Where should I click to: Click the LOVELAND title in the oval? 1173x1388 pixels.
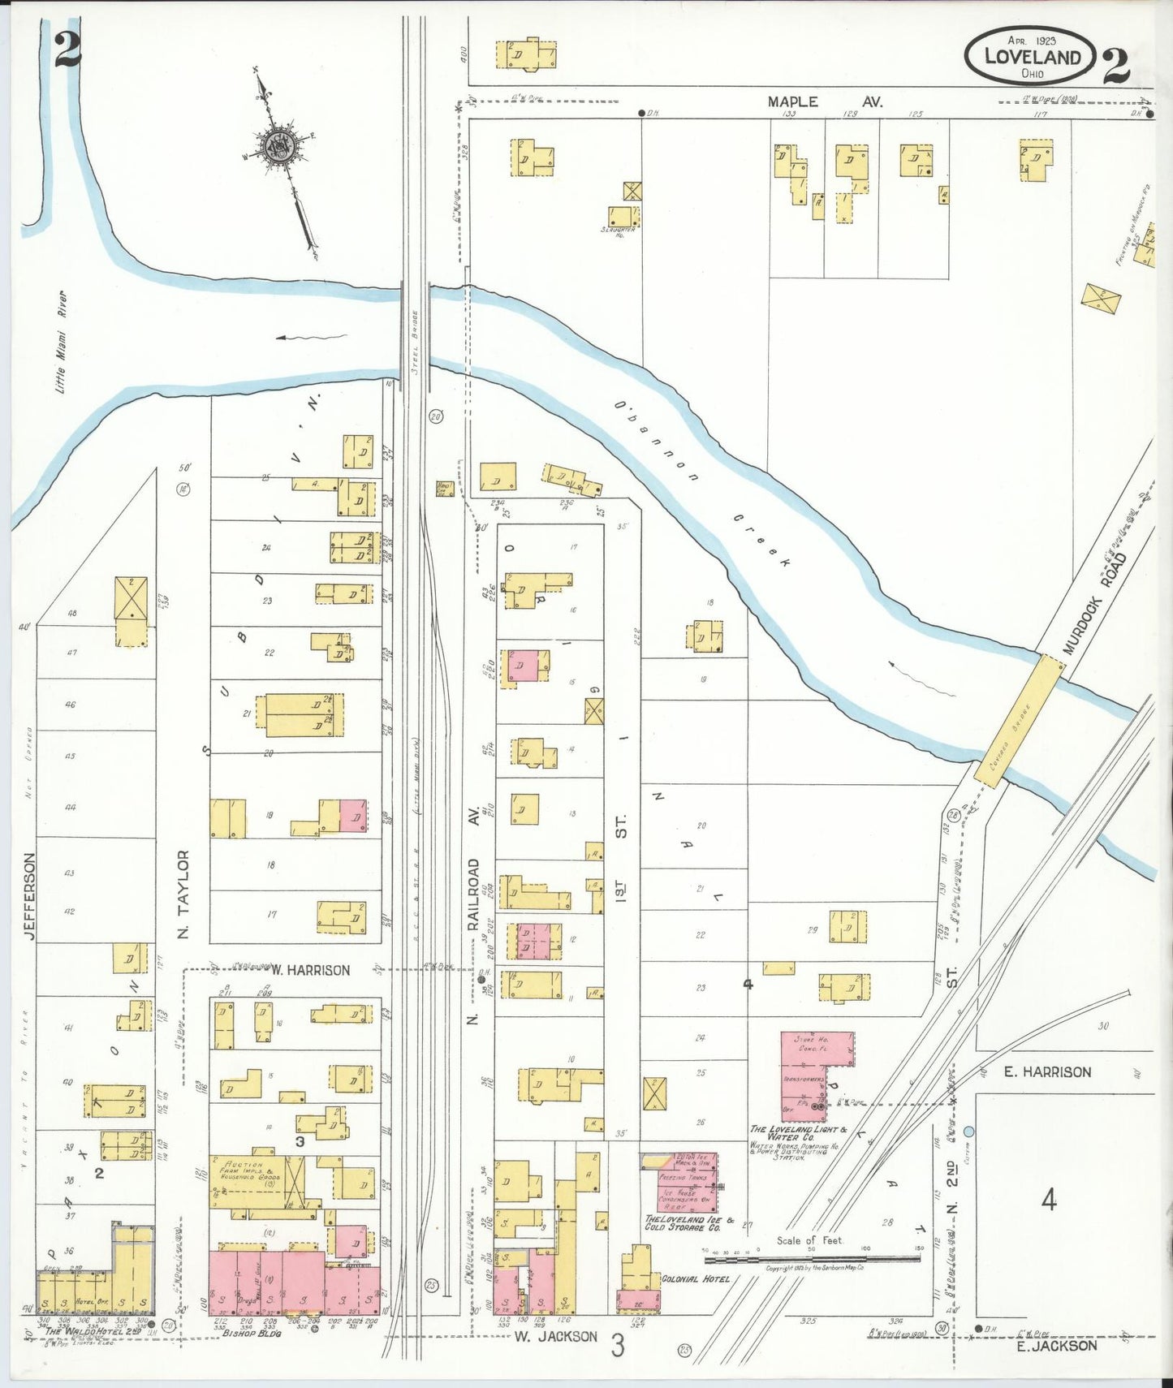pos(1032,57)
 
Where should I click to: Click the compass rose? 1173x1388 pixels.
pos(278,146)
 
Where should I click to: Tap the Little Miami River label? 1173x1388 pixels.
pos(61,342)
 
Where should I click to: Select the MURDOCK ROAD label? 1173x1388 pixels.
pos(1096,602)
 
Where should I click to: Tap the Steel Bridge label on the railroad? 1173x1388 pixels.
pos(414,342)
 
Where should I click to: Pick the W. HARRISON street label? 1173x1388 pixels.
pos(310,970)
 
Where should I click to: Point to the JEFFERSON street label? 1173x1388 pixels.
pos(29,896)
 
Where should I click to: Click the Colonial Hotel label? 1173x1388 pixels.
pos(695,1279)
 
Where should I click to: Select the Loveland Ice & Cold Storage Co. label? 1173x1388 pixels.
pos(688,1222)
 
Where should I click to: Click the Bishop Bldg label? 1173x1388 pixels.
pos(251,1333)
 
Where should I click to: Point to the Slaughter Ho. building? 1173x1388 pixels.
pos(623,217)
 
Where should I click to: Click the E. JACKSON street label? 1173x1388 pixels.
pos(1056,1346)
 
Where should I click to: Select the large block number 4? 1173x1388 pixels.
pos(1049,1200)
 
